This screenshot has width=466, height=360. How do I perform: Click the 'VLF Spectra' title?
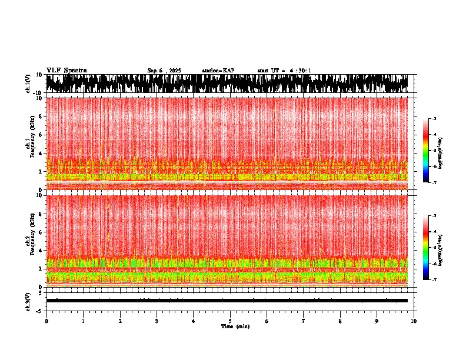(x=66, y=70)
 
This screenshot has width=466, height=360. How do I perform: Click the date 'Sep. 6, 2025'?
(x=164, y=71)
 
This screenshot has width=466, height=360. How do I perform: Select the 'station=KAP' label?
(x=218, y=71)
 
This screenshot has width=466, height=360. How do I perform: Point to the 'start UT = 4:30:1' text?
(x=284, y=71)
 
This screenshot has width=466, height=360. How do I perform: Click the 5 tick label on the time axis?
(x=230, y=321)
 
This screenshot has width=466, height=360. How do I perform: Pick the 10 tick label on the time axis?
(x=414, y=321)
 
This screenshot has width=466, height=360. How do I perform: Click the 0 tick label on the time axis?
(x=46, y=321)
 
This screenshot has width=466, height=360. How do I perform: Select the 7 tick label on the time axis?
(x=304, y=321)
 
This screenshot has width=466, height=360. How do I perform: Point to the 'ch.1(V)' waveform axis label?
(x=28, y=84)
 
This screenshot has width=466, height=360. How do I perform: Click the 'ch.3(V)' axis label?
(x=28, y=300)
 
